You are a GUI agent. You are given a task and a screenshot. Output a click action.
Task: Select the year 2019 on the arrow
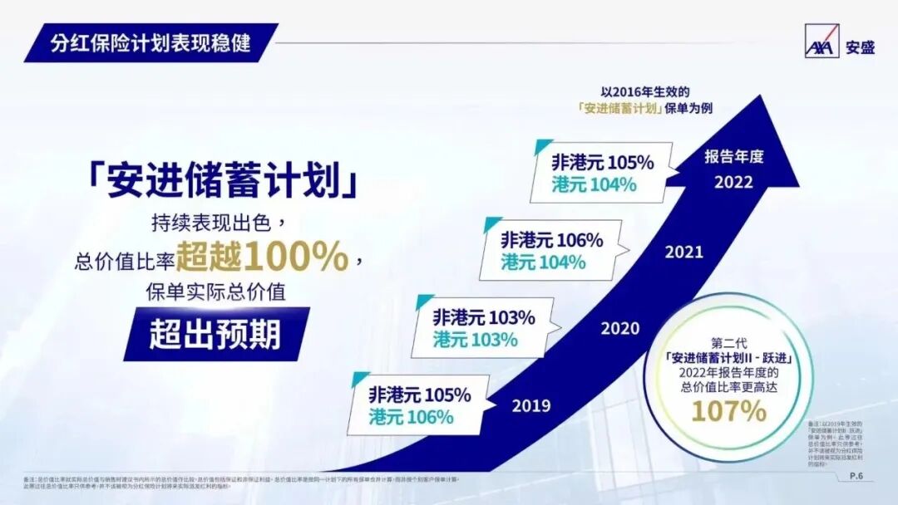[x=531, y=406]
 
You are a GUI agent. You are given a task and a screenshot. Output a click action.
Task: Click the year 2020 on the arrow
[x=619, y=328]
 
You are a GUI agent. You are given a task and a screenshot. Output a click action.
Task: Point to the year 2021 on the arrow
[x=683, y=252]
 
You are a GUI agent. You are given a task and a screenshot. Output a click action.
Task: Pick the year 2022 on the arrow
[x=733, y=182]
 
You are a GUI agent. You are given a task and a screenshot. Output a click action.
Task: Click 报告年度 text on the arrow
[x=733, y=156]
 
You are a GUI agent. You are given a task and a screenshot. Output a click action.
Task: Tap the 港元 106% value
[x=411, y=417]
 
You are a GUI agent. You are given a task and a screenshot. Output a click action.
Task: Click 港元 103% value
[x=475, y=340]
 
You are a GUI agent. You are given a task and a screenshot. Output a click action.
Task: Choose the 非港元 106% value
[x=551, y=240]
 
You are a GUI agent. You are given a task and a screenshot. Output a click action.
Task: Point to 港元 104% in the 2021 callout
[x=543, y=262]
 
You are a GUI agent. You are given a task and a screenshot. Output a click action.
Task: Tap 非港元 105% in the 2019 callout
[x=420, y=395]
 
